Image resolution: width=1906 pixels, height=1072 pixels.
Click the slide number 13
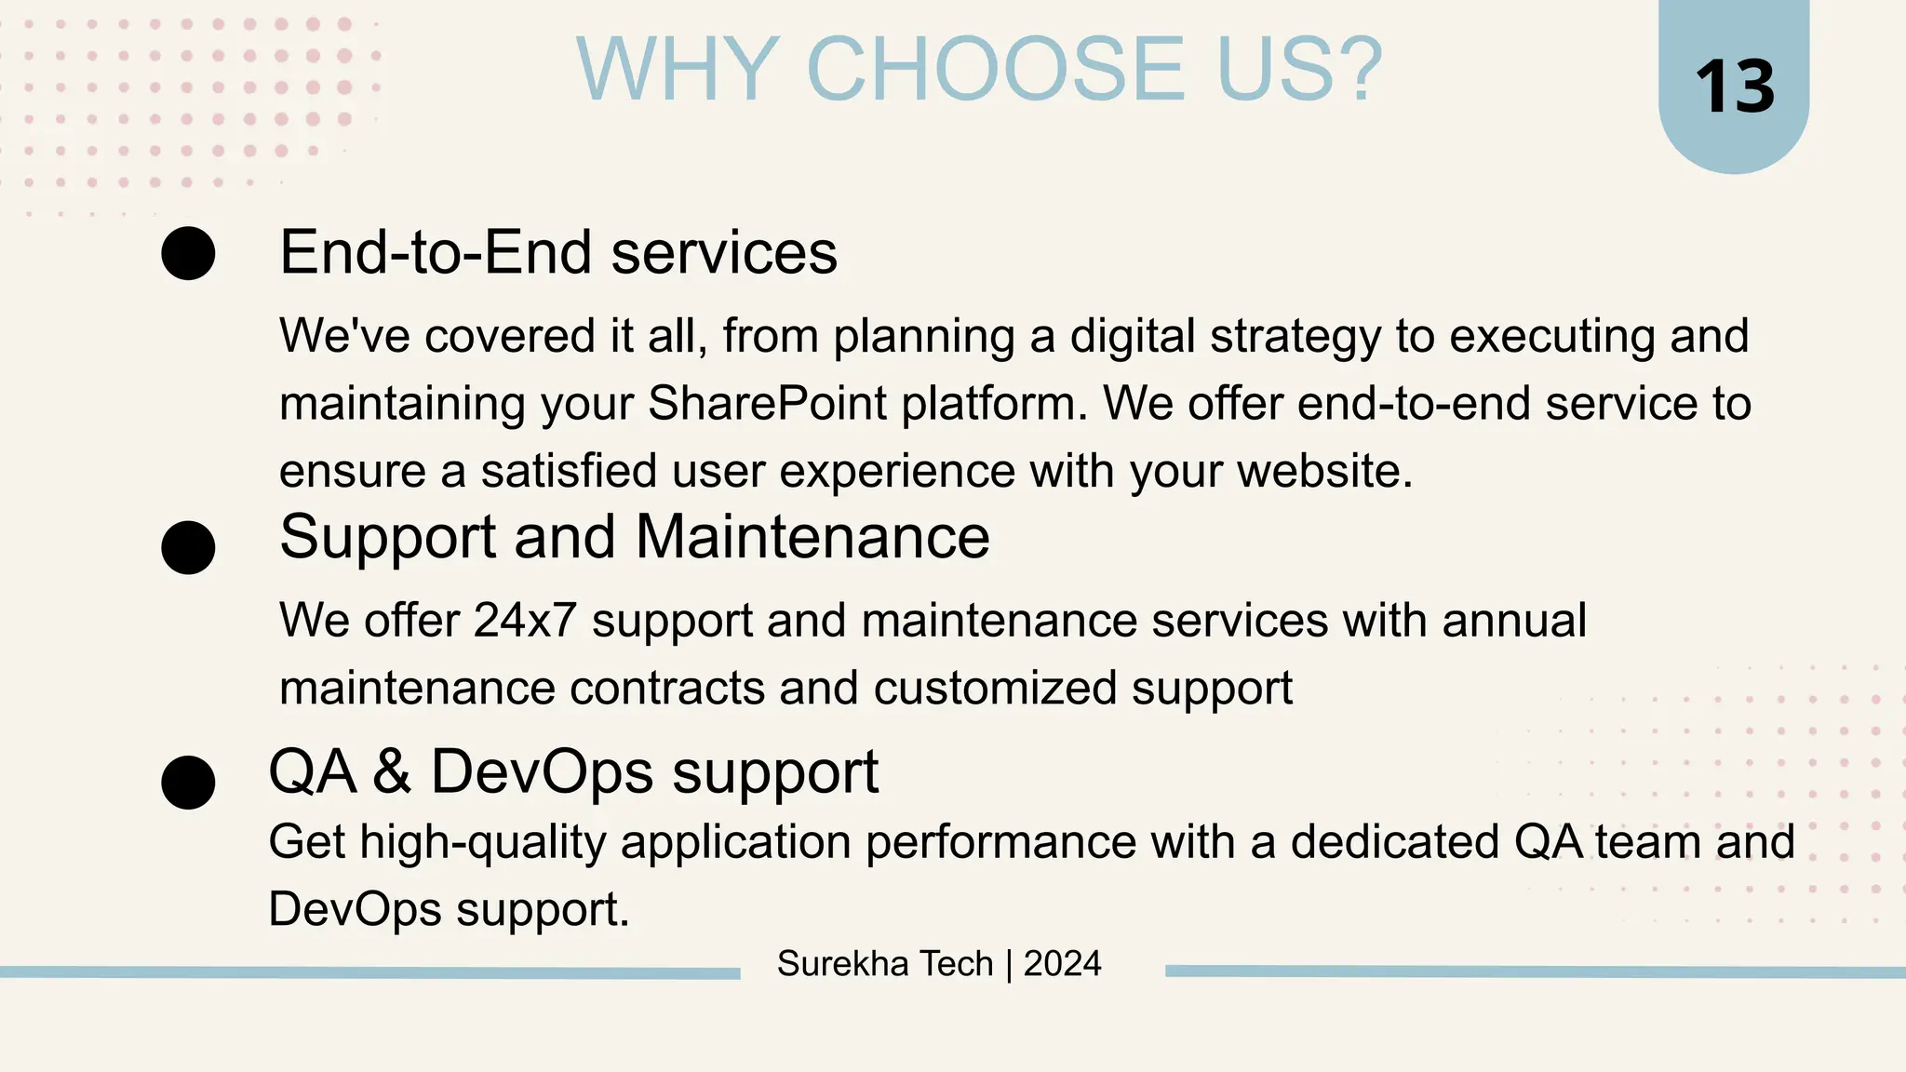(1735, 87)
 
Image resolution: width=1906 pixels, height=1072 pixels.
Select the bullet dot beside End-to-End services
(188, 253)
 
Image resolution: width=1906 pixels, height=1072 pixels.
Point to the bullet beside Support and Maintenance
(188, 547)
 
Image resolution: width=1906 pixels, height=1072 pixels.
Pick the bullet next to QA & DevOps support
(188, 782)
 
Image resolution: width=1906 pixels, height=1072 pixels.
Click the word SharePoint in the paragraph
(767, 404)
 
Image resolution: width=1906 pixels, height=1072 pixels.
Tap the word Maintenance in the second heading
(812, 537)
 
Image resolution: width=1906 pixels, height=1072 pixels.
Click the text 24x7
(525, 621)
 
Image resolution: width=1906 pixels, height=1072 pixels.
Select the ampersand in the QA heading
(393, 771)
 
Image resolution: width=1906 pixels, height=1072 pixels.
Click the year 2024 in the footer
(1062, 964)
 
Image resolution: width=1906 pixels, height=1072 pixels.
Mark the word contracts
(666, 689)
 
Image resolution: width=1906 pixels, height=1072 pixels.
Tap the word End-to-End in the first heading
(436, 253)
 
